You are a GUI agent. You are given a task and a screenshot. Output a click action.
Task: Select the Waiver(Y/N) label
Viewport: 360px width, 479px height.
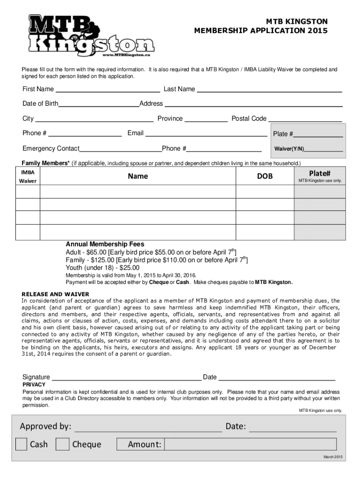click(289, 149)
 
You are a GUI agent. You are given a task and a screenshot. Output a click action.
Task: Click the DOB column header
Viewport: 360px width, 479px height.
click(265, 176)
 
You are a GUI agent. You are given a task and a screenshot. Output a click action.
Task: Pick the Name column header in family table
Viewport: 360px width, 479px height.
click(138, 176)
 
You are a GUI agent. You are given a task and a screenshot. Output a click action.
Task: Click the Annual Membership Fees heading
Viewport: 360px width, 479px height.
click(105, 244)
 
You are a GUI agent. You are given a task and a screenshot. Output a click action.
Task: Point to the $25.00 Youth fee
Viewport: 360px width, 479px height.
click(130, 268)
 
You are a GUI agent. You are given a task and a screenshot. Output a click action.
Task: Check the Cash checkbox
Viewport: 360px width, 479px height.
click(21, 444)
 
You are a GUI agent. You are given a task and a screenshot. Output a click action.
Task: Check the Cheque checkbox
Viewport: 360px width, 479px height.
click(62, 444)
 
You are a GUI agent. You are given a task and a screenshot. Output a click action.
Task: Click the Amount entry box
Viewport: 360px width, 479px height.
click(251, 444)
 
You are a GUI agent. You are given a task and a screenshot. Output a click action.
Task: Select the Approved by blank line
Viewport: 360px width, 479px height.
click(148, 428)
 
